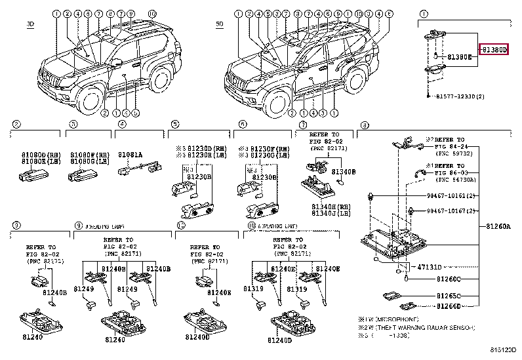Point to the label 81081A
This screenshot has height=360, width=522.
point(130,154)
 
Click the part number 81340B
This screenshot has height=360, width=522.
point(344,171)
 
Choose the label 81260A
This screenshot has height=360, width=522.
point(498,226)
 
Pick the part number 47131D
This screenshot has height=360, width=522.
point(430,267)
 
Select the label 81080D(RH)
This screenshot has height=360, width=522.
point(36,155)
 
